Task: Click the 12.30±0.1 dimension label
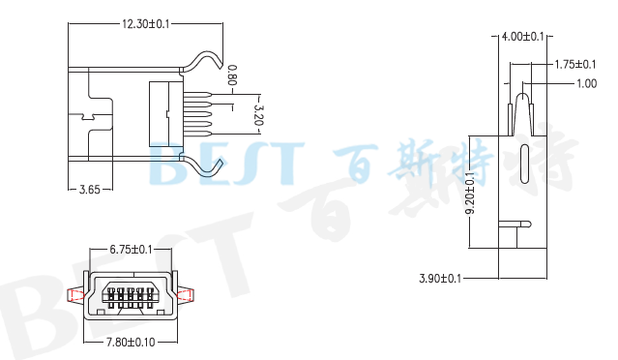(146, 24)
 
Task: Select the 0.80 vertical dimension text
(232, 75)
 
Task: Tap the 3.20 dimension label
(257, 114)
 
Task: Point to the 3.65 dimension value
(89, 190)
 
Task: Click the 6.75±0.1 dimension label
(131, 250)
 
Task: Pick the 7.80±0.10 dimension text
(131, 343)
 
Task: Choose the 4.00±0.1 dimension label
(523, 37)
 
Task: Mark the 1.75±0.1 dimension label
(574, 65)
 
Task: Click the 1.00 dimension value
(586, 84)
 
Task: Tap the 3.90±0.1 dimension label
(440, 279)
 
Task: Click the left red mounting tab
(74, 294)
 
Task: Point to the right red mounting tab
(186, 294)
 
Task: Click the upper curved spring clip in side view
(204, 60)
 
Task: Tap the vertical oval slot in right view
(524, 163)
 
